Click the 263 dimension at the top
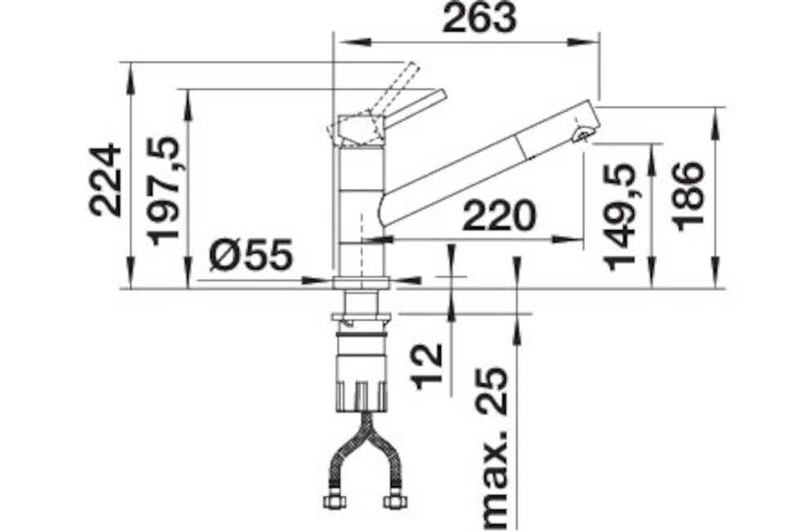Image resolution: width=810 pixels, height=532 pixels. pyautogui.click(x=480, y=19)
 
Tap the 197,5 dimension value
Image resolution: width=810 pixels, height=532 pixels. pyautogui.click(x=164, y=190)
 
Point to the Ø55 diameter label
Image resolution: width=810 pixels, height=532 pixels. pyautogui.click(x=251, y=255)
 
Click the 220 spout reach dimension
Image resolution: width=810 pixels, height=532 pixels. pyautogui.click(x=499, y=215)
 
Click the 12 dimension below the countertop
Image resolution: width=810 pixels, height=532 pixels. pyautogui.click(x=428, y=364)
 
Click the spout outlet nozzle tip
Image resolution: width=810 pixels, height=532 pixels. pyautogui.click(x=584, y=135)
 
